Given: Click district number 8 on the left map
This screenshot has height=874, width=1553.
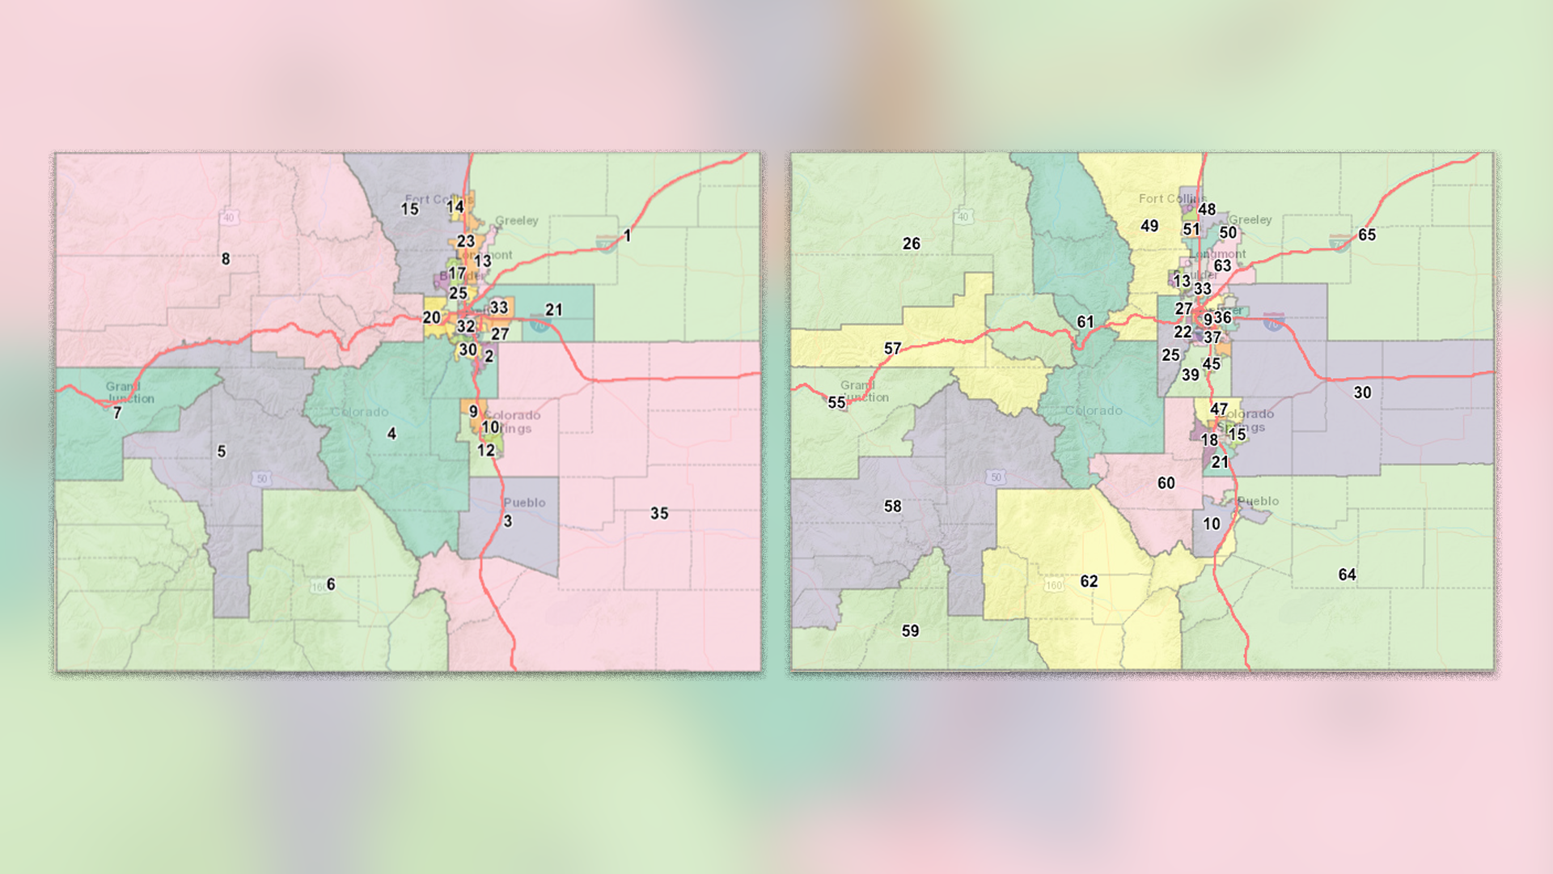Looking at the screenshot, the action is tap(226, 259).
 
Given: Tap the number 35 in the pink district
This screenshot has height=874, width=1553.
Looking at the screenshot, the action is tap(659, 514).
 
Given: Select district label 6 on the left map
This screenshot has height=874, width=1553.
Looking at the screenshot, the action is tap(331, 584).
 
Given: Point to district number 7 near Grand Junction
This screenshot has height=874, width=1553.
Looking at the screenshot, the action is tap(117, 414).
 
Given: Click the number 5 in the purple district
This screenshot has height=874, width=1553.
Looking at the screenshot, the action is tap(222, 452).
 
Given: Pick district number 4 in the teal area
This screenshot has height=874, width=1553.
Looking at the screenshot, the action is tap(391, 434).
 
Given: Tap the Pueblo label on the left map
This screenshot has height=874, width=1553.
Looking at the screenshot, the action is tap(524, 503).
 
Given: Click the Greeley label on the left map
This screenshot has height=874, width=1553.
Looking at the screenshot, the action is tap(516, 220).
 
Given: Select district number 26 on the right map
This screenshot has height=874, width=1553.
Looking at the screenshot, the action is tap(912, 244).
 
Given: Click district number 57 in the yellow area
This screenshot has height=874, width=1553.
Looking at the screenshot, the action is tap(892, 349).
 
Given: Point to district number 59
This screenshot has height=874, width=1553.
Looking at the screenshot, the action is tap(911, 631).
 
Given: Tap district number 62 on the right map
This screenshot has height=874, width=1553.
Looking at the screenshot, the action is tap(1090, 582).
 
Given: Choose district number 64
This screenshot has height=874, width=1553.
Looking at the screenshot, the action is tap(1347, 575).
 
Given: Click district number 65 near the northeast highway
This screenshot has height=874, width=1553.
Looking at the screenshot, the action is tap(1367, 235).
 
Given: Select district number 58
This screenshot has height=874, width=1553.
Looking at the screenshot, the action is tap(892, 507).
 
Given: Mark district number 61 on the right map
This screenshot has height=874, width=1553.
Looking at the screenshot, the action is tap(1085, 322).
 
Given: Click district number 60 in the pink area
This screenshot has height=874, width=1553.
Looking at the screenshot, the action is tap(1166, 483).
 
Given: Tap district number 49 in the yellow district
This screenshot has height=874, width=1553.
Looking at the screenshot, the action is tap(1149, 227).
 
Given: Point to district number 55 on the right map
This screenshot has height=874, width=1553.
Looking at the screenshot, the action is tap(836, 402).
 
